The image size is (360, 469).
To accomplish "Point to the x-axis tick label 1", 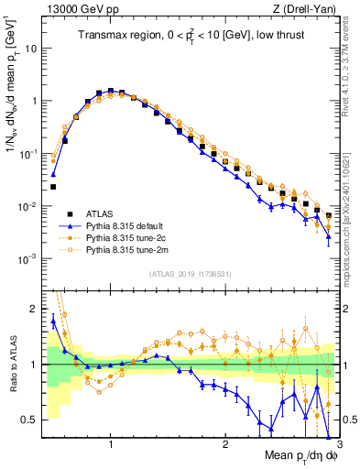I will point(111,444).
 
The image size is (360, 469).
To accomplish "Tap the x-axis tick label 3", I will point(338,444).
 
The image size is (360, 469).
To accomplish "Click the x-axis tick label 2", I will point(224,444).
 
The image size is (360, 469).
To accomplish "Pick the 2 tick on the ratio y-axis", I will point(31,309).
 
